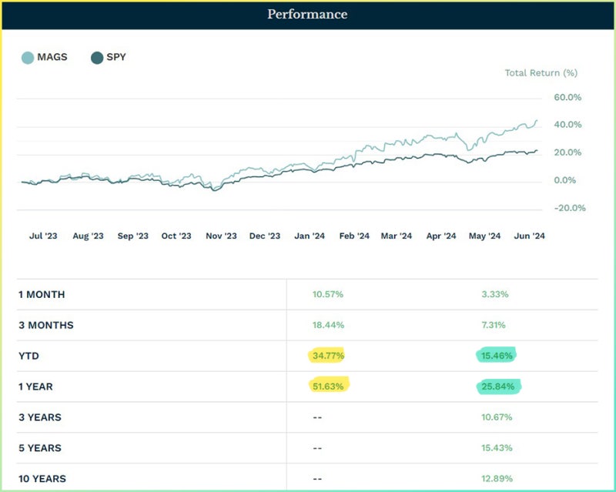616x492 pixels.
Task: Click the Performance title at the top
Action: coord(307,15)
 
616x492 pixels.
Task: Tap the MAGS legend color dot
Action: coord(28,57)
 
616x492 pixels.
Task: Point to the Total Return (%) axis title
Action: coord(541,73)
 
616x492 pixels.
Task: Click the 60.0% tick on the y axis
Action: coord(567,98)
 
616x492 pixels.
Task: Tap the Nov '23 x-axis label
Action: coord(221,236)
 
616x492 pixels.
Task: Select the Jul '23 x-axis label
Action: coord(42,236)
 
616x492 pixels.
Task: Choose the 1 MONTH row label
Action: coord(42,294)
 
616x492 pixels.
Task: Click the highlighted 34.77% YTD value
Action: coord(328,356)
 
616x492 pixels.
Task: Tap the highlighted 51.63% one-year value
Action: coord(328,387)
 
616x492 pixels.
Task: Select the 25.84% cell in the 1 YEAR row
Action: coord(497,387)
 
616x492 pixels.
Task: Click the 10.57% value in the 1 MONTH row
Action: coord(328,294)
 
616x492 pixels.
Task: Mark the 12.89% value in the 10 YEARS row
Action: coord(497,479)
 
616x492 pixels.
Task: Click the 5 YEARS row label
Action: coord(40,448)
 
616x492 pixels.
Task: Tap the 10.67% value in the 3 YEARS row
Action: coord(497,417)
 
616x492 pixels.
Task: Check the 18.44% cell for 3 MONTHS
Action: coord(328,325)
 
